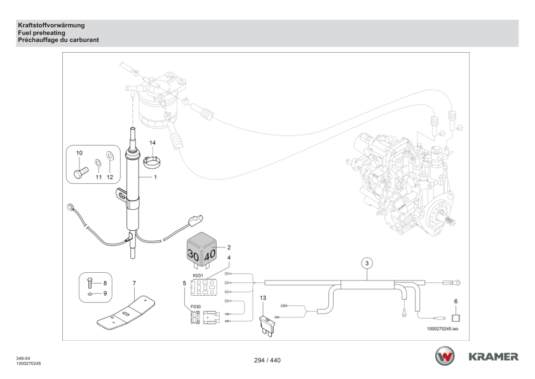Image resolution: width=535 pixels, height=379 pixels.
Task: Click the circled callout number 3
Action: (367, 262)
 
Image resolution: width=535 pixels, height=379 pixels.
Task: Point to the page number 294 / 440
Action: (267, 361)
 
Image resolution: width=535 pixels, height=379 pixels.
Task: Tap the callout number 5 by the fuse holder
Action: (184, 282)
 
